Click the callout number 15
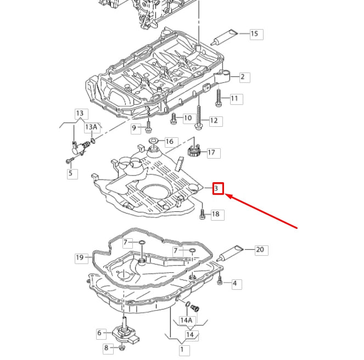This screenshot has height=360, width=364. click(254, 34)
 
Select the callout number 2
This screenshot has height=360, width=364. click(242, 77)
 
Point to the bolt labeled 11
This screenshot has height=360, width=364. click(219, 98)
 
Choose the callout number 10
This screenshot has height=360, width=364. click(187, 118)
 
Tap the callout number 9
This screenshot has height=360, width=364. click(133, 128)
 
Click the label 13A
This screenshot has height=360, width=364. click(91, 127)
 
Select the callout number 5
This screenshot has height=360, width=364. click(70, 174)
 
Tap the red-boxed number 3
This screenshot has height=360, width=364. click(218, 189)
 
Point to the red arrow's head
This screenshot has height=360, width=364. click(228, 195)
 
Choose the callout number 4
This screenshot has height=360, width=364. click(235, 284)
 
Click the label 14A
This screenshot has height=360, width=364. click(187, 320)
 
